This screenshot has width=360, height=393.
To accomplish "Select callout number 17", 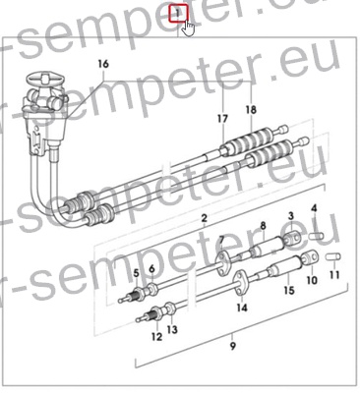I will [x=222, y=120].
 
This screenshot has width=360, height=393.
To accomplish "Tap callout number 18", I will [x=250, y=109].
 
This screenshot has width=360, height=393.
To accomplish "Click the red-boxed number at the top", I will [x=178, y=14].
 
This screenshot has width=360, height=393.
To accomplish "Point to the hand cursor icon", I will [x=188, y=27].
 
